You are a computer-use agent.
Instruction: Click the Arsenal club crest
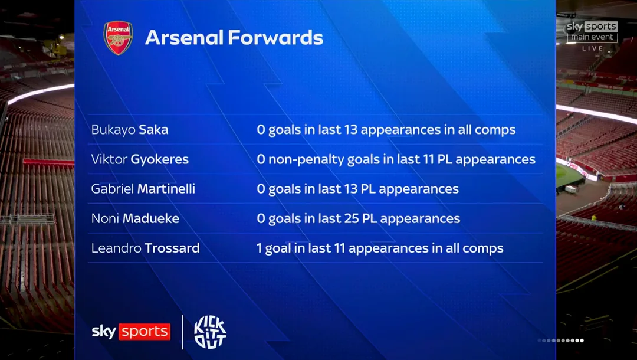pyautogui.click(x=118, y=38)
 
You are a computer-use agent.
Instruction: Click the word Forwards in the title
pyautogui.click(x=275, y=37)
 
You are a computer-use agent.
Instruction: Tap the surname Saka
pyautogui.click(x=153, y=130)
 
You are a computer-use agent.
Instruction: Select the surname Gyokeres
pyautogui.click(x=159, y=160)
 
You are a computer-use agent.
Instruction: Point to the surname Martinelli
pyautogui.click(x=166, y=189)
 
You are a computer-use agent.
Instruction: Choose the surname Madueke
pyautogui.click(x=151, y=218)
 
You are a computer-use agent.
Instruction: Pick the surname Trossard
pyautogui.click(x=172, y=248)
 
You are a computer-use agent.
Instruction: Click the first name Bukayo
pyautogui.click(x=113, y=130)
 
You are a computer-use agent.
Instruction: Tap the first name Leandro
pyautogui.click(x=116, y=248)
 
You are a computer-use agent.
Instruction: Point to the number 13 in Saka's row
pyautogui.click(x=350, y=130)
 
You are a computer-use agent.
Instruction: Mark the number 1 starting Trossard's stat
pyautogui.click(x=259, y=248)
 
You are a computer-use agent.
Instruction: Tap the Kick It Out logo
pyautogui.click(x=211, y=332)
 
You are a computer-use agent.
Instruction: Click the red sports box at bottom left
pyautogui.click(x=145, y=332)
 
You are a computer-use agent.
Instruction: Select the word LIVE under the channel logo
pyautogui.click(x=593, y=48)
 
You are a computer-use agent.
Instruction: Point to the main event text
pyautogui.click(x=592, y=37)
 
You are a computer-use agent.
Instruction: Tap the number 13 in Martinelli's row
pyautogui.click(x=350, y=189)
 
